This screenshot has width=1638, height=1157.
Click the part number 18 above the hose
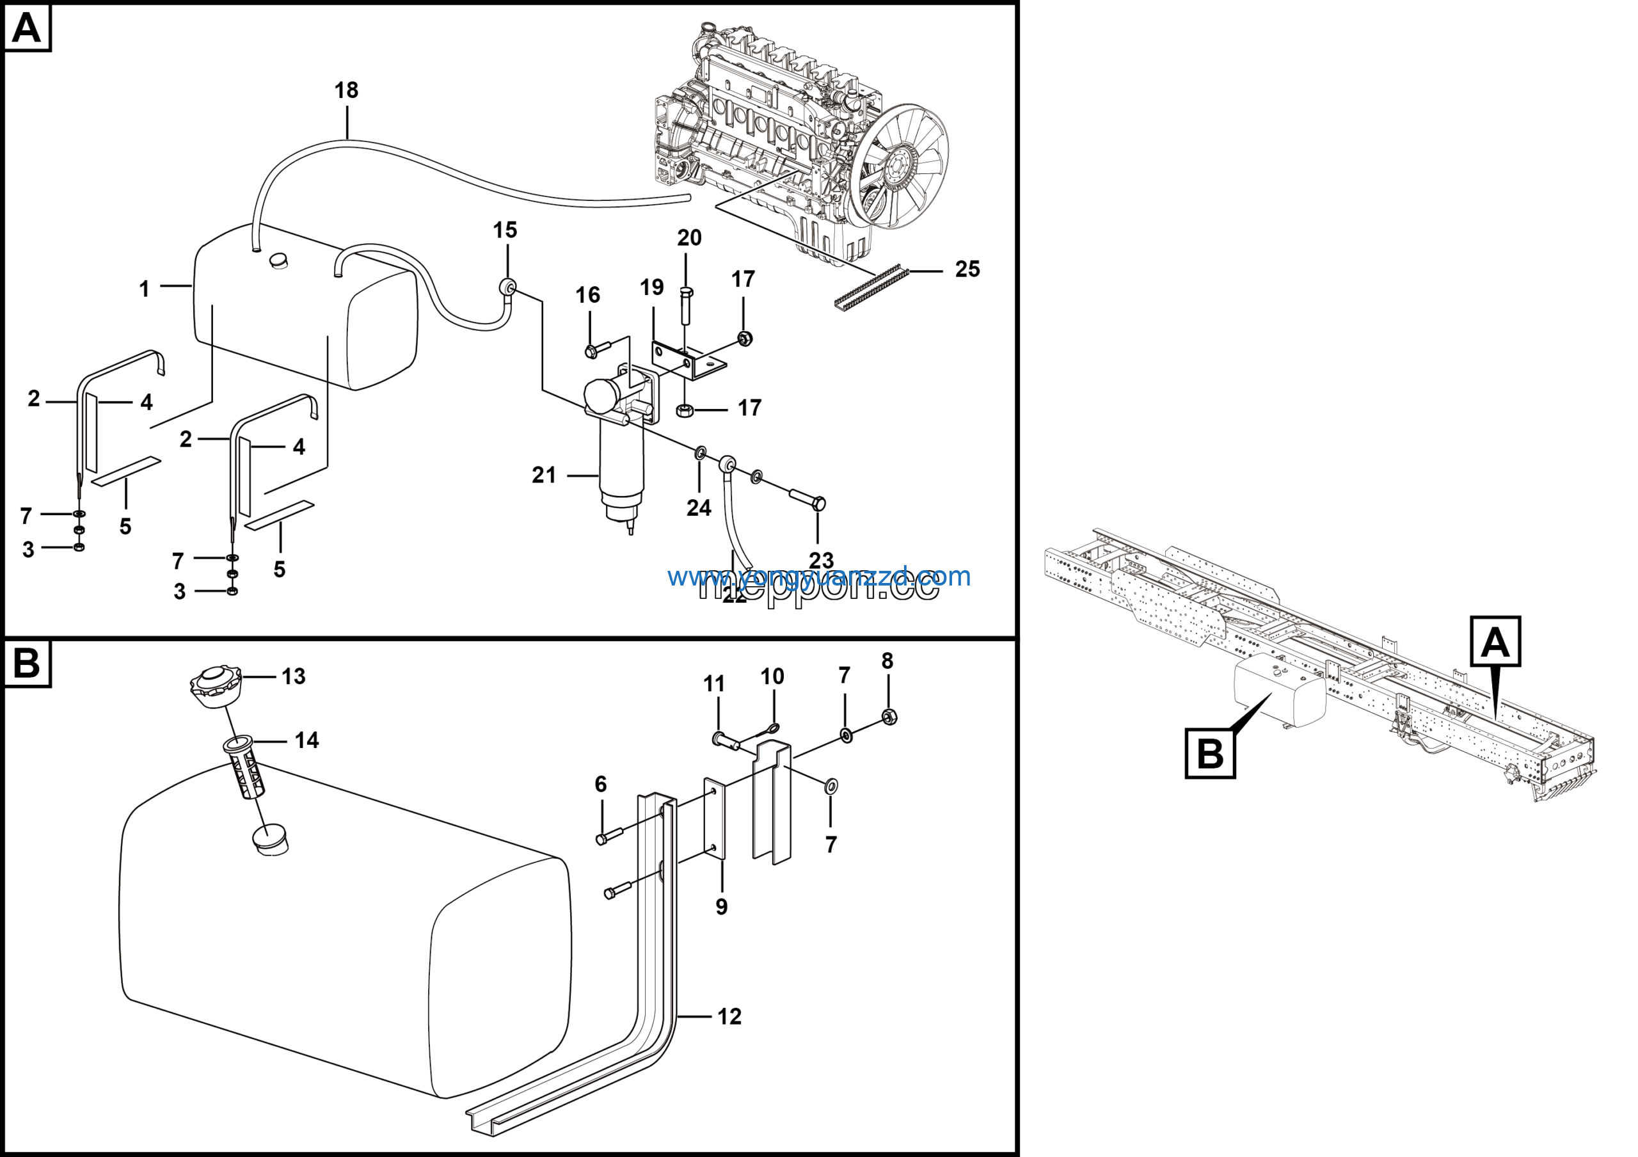(x=346, y=91)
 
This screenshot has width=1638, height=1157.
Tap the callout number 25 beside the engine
(x=967, y=269)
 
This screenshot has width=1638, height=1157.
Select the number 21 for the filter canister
(x=544, y=475)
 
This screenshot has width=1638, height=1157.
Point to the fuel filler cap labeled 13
(x=216, y=686)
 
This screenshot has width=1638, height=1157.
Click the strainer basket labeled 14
(x=244, y=769)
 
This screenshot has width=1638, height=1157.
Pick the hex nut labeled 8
(x=889, y=717)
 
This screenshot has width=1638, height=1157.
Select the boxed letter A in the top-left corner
(x=27, y=29)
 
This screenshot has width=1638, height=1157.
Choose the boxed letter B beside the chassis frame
(x=1210, y=753)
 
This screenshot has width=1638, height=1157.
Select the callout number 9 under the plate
(x=721, y=907)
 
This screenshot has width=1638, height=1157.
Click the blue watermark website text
(x=819, y=577)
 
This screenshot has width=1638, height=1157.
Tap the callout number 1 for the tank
(x=144, y=289)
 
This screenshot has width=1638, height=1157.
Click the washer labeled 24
(x=701, y=452)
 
